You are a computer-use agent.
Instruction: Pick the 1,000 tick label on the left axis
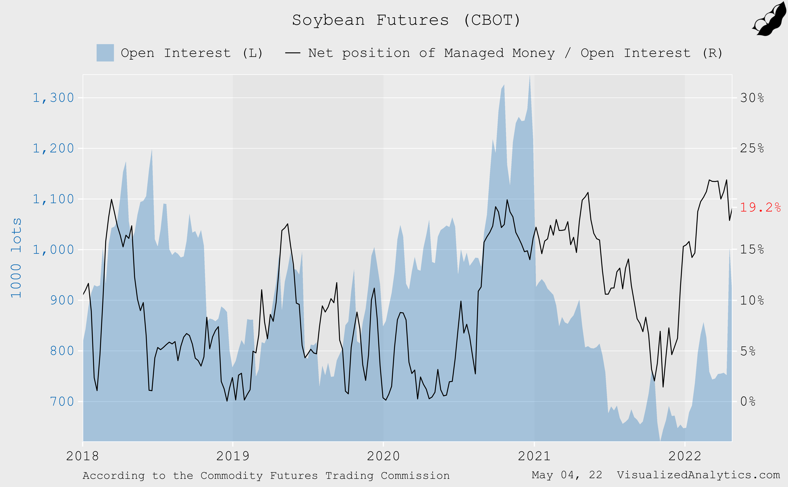pos(53,250)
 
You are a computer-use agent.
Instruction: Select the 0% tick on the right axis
pos(748,402)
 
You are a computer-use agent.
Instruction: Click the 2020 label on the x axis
pos(383,456)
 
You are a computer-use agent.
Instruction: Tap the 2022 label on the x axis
pos(685,456)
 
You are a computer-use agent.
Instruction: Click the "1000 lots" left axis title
pos(16,258)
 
